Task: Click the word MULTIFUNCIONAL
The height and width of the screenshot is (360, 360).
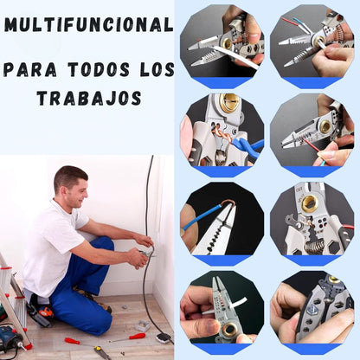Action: pos(89,24)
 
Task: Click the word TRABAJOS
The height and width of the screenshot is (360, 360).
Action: pos(89,98)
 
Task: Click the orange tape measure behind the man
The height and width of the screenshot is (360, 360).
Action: pos(46,312)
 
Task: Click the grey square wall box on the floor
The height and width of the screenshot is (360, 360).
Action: pos(143,326)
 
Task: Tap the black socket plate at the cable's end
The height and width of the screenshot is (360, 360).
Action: pos(164,338)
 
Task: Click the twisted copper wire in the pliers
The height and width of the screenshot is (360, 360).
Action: pos(222,136)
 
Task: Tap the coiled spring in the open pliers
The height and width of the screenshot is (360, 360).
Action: pos(314,247)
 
